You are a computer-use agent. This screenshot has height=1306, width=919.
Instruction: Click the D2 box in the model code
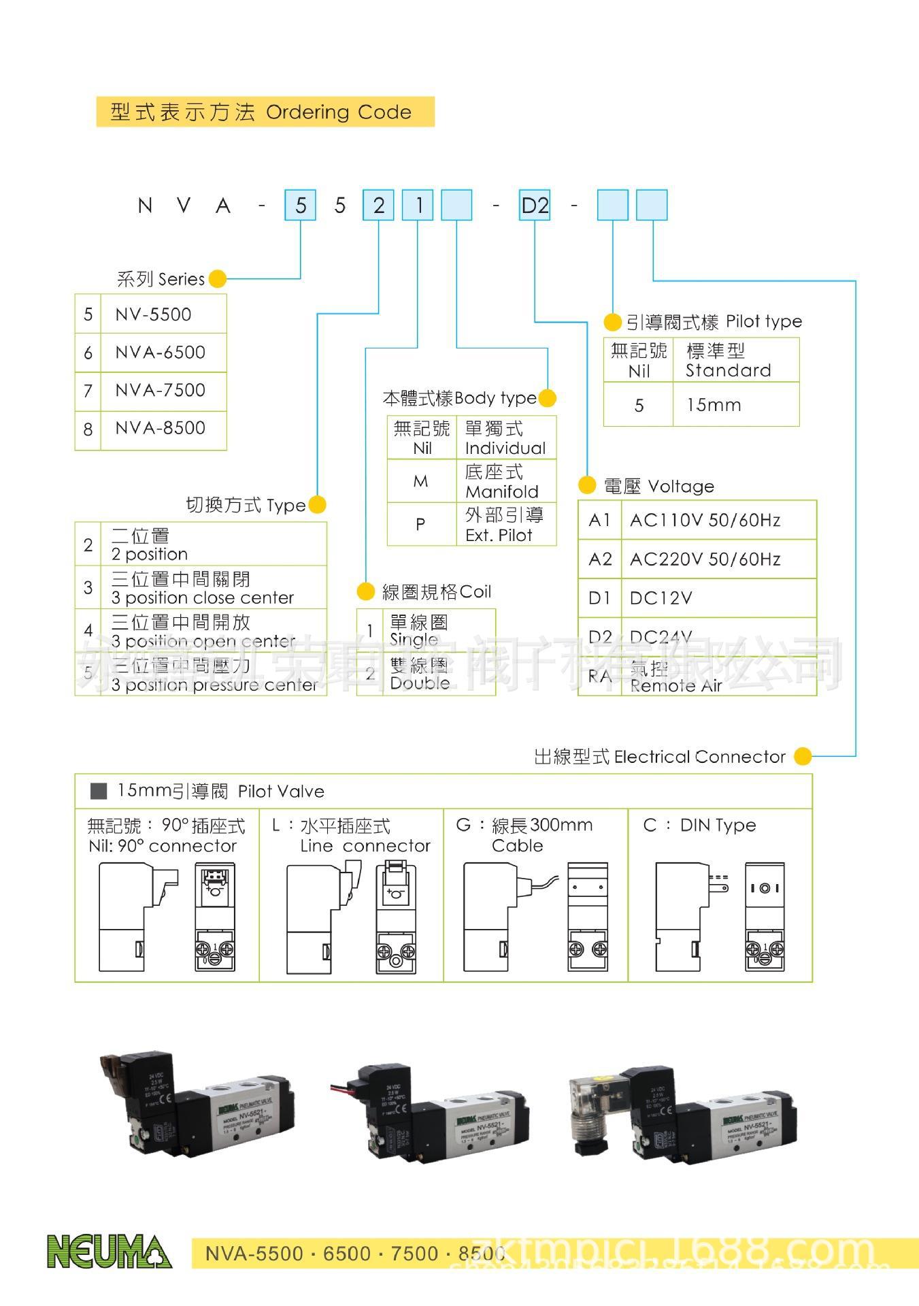pyautogui.click(x=535, y=205)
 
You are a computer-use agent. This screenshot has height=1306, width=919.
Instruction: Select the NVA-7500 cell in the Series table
pyautogui.click(x=161, y=390)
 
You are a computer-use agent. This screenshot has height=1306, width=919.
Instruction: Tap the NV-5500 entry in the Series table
pyautogui.click(x=153, y=314)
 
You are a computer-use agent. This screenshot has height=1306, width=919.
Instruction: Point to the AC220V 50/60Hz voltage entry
pyautogui.click(x=705, y=559)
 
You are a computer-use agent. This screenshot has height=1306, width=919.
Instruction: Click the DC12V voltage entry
pyautogui.click(x=661, y=598)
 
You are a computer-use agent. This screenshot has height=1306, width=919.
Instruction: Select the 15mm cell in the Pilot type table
pyautogui.click(x=714, y=405)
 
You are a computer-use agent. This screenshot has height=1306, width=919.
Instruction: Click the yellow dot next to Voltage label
pyautogui.click(x=587, y=485)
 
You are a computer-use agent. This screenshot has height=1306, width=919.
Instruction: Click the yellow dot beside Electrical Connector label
pyautogui.click(x=803, y=756)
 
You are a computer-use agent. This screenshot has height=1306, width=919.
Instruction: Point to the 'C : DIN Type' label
pyautogui.click(x=699, y=826)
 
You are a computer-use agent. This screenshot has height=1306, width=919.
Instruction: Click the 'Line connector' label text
pyautogui.click(x=365, y=846)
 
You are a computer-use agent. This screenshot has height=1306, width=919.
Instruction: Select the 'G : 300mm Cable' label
pyautogui.click(x=524, y=835)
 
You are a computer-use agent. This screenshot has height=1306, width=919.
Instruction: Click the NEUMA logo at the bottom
pyautogui.click(x=109, y=1252)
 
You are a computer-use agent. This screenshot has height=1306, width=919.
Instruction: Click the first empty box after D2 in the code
pyautogui.click(x=612, y=205)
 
